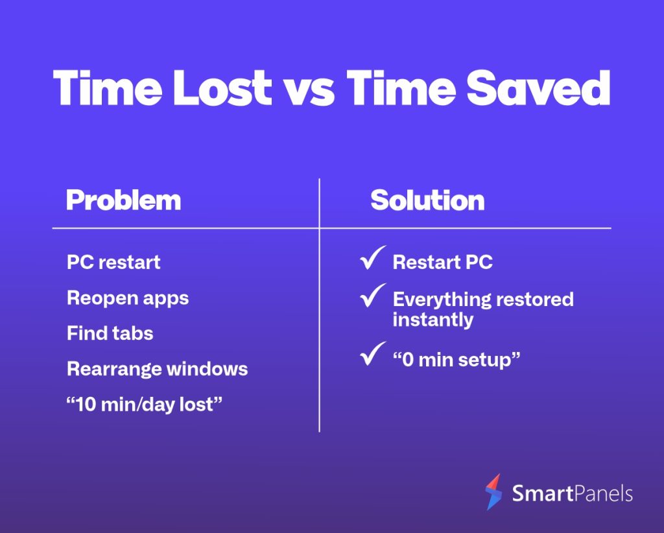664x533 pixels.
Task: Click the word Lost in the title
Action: (x=222, y=87)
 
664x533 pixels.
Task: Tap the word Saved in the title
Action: (x=538, y=87)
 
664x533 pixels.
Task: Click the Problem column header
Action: (x=124, y=200)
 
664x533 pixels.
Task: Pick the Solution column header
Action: (x=427, y=200)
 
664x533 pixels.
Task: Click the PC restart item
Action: (x=113, y=263)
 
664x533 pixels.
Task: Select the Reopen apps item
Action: (x=128, y=298)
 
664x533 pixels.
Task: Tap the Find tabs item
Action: (x=110, y=333)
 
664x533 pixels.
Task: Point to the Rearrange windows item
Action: (x=158, y=369)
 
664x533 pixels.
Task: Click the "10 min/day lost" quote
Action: (x=145, y=405)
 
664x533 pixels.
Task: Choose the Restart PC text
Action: (x=442, y=263)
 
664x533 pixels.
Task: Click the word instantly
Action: (x=433, y=320)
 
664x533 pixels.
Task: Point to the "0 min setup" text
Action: (x=456, y=361)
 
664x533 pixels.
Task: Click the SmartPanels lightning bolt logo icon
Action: (x=493, y=492)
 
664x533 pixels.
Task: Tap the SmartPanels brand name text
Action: (x=572, y=493)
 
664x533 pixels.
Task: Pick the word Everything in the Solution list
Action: (x=441, y=300)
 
